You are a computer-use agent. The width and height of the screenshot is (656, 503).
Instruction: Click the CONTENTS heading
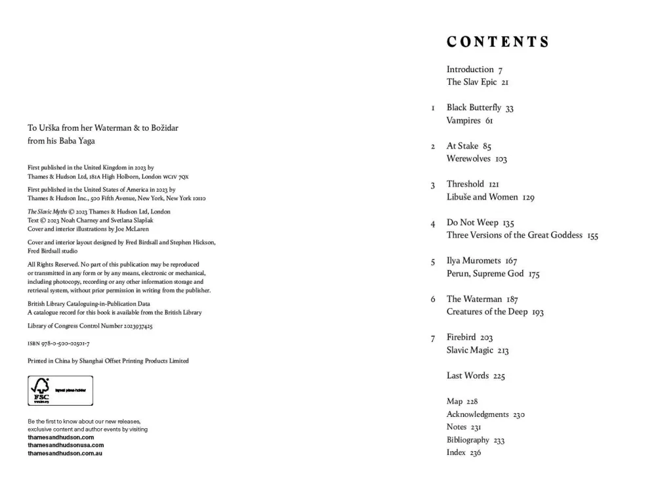click(497, 42)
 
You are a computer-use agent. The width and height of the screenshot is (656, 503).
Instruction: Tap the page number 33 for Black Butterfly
click(509, 108)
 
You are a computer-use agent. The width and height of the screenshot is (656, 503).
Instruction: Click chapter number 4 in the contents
click(433, 224)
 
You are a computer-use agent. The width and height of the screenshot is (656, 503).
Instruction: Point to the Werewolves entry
click(468, 159)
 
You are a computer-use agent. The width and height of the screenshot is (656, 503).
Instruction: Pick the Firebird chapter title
click(461, 337)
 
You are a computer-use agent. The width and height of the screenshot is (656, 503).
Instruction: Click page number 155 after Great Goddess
click(593, 236)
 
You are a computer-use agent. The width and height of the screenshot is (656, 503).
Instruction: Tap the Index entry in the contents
click(456, 452)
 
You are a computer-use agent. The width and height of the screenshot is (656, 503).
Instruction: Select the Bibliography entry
click(468, 440)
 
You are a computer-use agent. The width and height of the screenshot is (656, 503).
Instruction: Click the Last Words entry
click(467, 375)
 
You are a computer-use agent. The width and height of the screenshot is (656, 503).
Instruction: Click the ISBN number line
click(58, 343)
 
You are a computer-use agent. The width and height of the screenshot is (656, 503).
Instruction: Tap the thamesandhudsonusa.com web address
click(66, 445)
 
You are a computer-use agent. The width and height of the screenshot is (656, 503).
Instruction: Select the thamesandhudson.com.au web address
click(65, 453)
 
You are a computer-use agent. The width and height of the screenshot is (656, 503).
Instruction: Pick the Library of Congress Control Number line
click(91, 326)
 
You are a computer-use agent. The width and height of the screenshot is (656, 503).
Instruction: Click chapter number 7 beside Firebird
click(433, 339)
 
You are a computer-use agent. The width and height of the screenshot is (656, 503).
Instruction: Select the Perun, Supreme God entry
click(485, 273)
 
